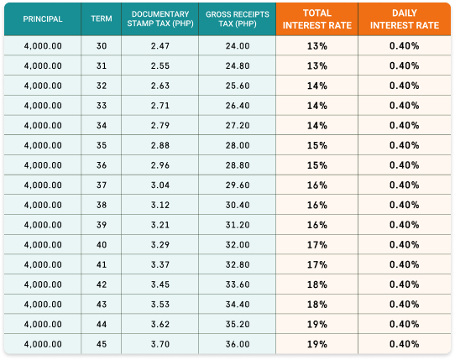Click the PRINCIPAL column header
pyautogui.click(x=43, y=19)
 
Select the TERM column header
pyautogui.click(x=102, y=18)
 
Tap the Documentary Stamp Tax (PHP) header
pyautogui.click(x=160, y=18)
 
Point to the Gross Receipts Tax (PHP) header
pyautogui.click(x=238, y=18)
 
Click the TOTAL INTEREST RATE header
pyautogui.click(x=317, y=19)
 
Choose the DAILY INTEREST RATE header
pyautogui.click(x=405, y=19)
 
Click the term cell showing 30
pyautogui.click(x=102, y=46)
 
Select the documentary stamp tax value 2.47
pyautogui.click(x=160, y=46)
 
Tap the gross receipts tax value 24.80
pyautogui.click(x=238, y=65)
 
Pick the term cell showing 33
pyautogui.click(x=102, y=106)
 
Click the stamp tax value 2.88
pyautogui.click(x=160, y=145)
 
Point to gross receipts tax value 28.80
pyautogui.click(x=238, y=165)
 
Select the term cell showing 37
pyautogui.click(x=102, y=185)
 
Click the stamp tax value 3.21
pyautogui.click(x=160, y=225)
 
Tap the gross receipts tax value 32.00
pyautogui.click(x=238, y=245)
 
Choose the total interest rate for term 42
pyautogui.click(x=317, y=284)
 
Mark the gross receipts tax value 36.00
pyautogui.click(x=238, y=344)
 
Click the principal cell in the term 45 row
pyautogui.click(x=43, y=344)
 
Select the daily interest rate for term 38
pyautogui.click(x=405, y=205)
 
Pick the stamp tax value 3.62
pyautogui.click(x=160, y=324)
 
